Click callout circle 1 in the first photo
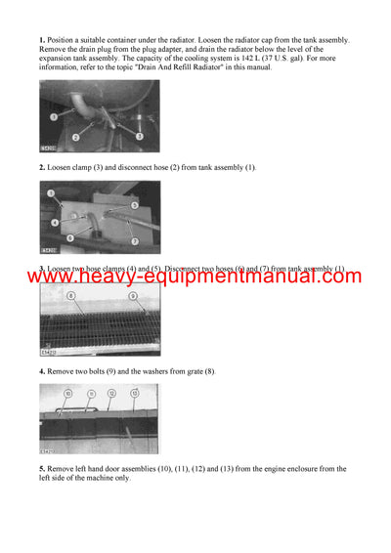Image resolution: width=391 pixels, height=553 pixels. [54, 116]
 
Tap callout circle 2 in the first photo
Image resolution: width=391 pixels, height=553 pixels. [75, 137]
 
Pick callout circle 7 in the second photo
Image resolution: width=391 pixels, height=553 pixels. [135, 241]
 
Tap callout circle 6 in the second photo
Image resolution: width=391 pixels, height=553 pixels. [70, 237]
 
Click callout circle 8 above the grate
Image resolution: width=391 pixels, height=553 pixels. [71, 296]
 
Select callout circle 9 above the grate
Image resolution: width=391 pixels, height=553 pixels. [133, 296]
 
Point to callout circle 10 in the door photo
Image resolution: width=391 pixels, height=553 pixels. [67, 394]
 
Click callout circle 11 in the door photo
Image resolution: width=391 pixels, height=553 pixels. [91, 394]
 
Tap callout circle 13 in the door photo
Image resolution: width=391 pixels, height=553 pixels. [134, 394]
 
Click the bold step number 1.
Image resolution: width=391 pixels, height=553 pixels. [41, 40]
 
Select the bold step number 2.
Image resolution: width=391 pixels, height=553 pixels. [41, 167]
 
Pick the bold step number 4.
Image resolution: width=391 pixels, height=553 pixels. [41, 371]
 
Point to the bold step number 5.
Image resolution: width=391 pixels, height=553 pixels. [41, 469]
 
